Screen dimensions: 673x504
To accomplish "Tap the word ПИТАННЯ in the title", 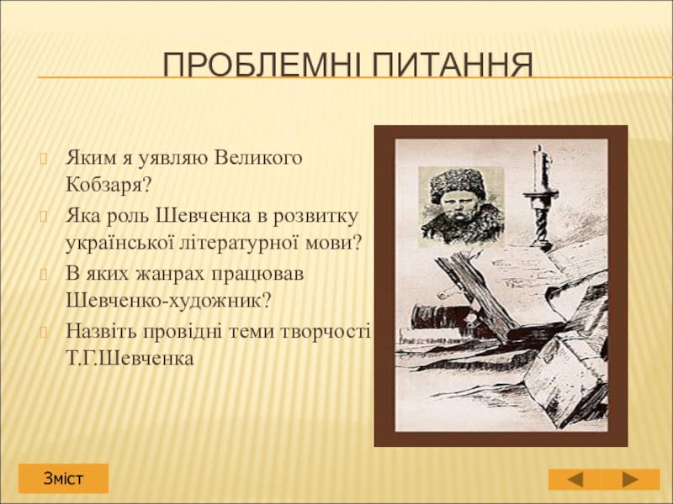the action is pyautogui.click(x=453, y=65).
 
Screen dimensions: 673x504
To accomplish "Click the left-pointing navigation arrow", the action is pyautogui.click(x=575, y=479).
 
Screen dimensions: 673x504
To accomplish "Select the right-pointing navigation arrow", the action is pyautogui.click(x=630, y=479).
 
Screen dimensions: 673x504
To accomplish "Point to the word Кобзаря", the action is pyautogui.click(x=109, y=185).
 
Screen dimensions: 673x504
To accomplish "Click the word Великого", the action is pyautogui.click(x=257, y=158).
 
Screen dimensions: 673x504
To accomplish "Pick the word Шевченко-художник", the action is pyautogui.click(x=169, y=301).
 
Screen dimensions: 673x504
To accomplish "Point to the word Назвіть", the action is pyautogui.click(x=102, y=331).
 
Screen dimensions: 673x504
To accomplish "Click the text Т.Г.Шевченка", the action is pyautogui.click(x=130, y=359).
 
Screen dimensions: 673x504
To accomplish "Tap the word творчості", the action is pyautogui.click(x=326, y=331).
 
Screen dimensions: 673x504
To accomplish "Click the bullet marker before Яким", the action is pyautogui.click(x=43, y=159).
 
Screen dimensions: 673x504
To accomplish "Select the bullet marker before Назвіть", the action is pyautogui.click(x=43, y=332).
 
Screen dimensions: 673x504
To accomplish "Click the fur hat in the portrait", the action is pyautogui.click(x=458, y=183).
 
